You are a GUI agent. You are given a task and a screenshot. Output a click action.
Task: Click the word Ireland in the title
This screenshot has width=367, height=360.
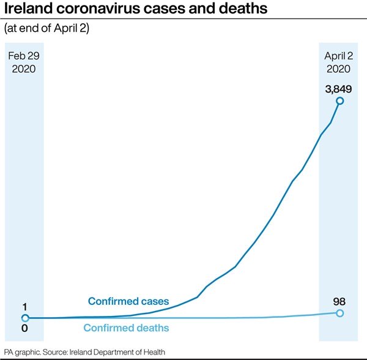coord(29,11)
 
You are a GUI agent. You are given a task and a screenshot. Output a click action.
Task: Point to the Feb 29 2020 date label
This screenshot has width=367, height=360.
coord(24,62)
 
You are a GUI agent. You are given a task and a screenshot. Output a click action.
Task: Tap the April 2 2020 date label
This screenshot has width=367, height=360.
coord(339,62)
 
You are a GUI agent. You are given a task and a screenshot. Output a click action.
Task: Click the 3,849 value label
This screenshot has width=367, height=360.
coord(339,89)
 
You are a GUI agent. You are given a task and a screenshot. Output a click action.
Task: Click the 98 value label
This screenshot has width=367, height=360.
coord(340,301)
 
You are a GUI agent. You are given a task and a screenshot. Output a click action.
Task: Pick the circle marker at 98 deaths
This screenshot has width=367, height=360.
coord(340,313)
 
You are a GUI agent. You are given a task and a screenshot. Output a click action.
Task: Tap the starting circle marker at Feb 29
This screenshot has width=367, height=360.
coord(25,318)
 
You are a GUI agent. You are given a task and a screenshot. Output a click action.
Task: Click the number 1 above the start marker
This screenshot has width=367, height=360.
coord(24,307)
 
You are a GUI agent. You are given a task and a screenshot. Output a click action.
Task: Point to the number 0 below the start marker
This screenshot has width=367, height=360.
coord(24,329)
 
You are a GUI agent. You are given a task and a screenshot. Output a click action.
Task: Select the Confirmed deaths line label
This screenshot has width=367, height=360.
coord(126,328)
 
